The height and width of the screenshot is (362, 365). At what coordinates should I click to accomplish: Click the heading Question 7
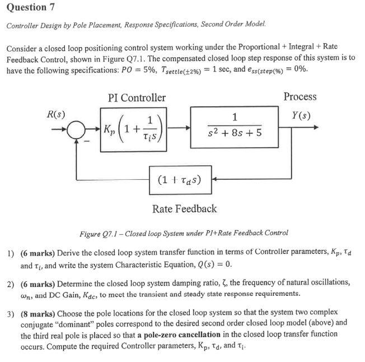tap(26, 7)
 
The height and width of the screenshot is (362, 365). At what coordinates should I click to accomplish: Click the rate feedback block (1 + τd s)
tap(179, 180)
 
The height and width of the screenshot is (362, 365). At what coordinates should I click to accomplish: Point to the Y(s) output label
tap(301, 116)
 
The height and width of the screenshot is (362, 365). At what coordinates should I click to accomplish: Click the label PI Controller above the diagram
tap(137, 98)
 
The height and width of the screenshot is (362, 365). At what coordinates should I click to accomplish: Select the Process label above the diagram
tap(300, 97)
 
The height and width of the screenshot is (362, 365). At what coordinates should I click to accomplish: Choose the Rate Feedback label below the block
tap(184, 209)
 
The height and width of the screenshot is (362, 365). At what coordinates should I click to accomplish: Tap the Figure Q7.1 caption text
tap(184, 233)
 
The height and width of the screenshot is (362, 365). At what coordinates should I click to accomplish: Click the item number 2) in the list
tap(11, 282)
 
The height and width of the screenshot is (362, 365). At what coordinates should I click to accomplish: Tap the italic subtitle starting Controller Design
tap(137, 26)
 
